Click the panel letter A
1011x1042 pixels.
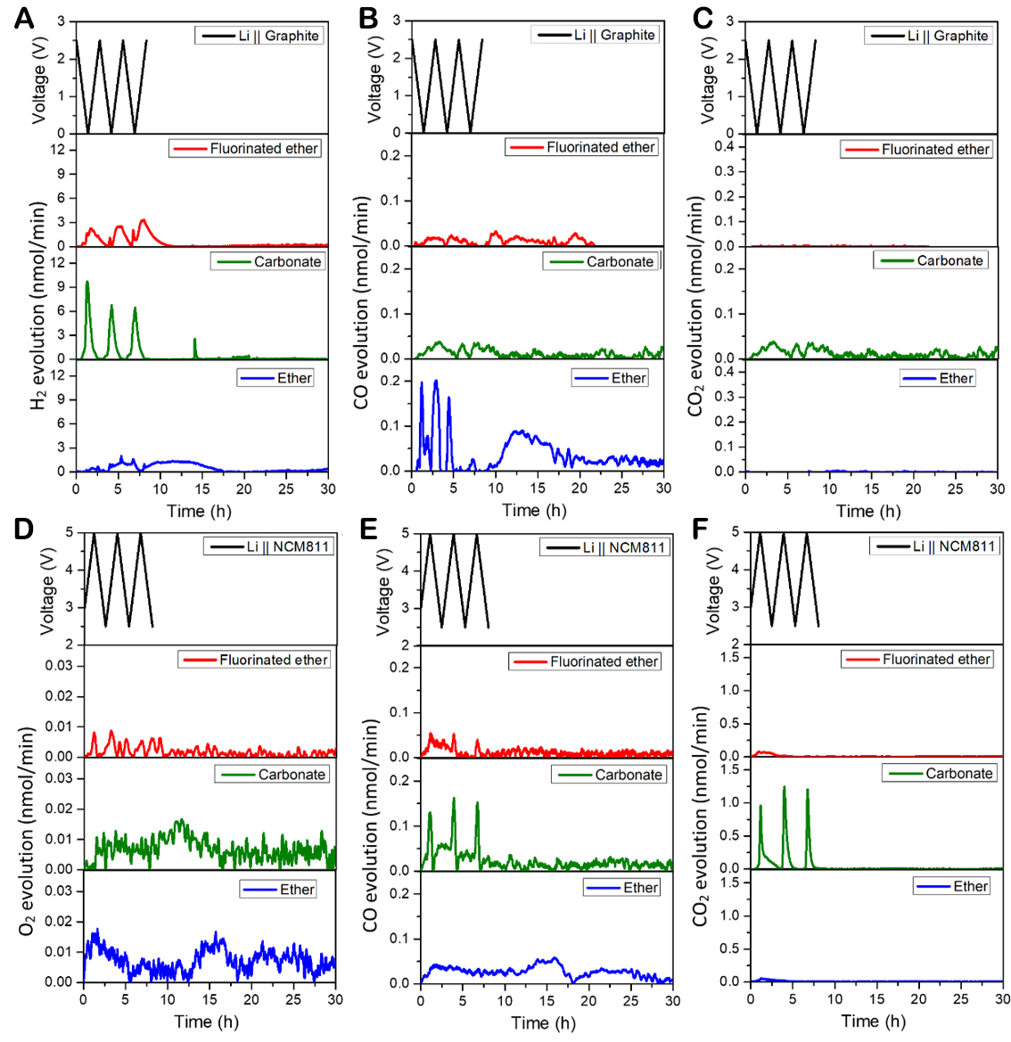[23, 18]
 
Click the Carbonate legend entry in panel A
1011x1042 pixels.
[267, 261]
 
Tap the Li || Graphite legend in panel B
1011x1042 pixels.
[596, 35]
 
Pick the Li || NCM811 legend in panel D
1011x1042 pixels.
[269, 546]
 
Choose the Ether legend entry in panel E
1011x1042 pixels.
[623, 888]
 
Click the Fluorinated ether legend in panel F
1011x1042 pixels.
[917, 660]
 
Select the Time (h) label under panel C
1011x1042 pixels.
[867, 511]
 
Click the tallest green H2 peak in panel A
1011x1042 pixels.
[86, 282]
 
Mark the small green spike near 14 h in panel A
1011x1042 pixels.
[194, 340]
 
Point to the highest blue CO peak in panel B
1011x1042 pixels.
[436, 381]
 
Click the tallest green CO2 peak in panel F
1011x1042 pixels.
[785, 787]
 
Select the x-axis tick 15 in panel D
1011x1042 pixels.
[210, 999]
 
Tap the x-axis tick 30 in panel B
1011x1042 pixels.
[663, 488]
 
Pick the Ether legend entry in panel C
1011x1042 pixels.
[938, 378]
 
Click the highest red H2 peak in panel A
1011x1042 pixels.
[143, 219]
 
